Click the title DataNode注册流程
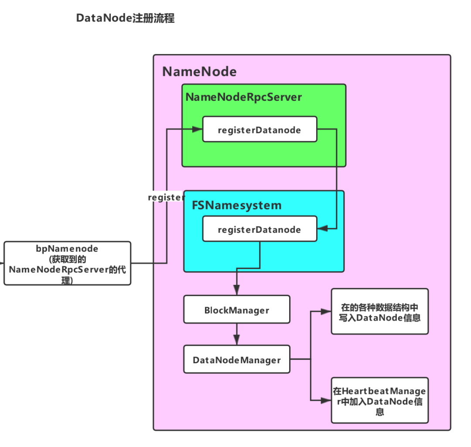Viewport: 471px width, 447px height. point(125,18)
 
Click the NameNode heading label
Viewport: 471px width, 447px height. point(199,72)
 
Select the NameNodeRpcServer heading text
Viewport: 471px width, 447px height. point(243,97)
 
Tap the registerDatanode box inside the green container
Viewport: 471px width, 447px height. point(259,130)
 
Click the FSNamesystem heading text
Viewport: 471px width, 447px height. point(237,205)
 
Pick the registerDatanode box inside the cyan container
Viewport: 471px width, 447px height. point(259,229)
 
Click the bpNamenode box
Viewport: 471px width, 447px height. point(67,263)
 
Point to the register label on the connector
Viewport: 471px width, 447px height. point(166,197)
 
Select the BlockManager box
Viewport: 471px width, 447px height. point(236,310)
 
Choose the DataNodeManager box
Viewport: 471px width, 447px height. point(236,360)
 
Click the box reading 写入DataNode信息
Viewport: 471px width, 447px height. point(379,312)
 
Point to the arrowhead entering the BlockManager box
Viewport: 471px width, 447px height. point(236,291)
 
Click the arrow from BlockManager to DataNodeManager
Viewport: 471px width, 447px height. point(236,334)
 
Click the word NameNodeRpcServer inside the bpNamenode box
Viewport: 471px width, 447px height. point(58,270)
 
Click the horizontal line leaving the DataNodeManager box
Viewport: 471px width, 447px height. point(300,359)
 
